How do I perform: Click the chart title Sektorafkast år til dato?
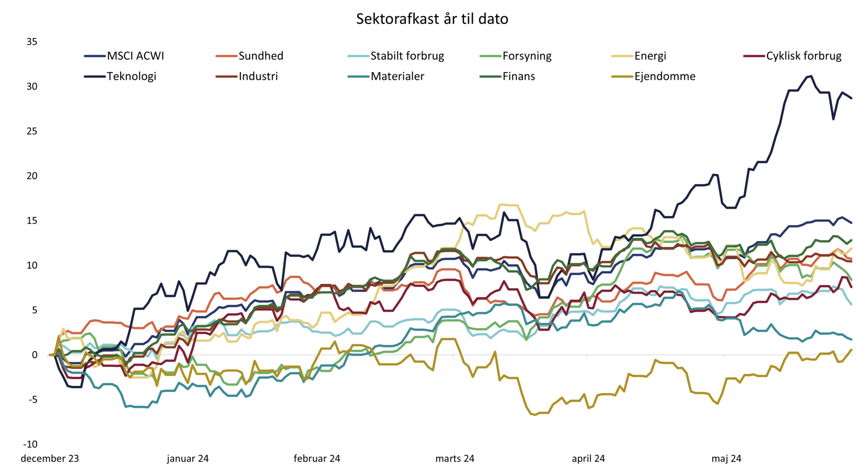432,19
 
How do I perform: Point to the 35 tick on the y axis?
32,42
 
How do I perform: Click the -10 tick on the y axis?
30,444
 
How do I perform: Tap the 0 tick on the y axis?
35,355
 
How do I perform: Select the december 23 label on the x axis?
50,459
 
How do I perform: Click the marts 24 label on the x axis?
455,459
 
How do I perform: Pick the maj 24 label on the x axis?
726,459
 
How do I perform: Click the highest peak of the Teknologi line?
811,76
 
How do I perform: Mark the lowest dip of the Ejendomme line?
535,415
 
